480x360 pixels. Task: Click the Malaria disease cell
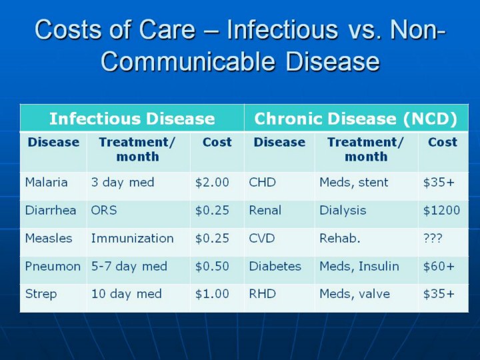[46, 183]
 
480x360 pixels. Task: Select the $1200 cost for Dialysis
[441, 210]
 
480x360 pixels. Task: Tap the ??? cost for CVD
[433, 238]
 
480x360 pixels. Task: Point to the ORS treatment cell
[104, 210]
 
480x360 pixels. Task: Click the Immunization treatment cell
[132, 238]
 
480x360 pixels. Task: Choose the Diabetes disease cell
[275, 266]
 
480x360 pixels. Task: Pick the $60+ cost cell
[439, 266]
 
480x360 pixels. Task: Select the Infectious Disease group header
[132, 119]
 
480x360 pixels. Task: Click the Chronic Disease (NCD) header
[356, 119]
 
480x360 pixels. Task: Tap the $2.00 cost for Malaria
[212, 183]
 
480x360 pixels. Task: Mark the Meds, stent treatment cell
[353, 183]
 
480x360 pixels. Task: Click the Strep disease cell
[41, 294]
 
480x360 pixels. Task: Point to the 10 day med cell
[126, 294]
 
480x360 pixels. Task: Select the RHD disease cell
[262, 294]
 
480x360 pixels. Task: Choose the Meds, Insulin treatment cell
[359, 266]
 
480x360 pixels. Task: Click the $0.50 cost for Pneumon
[212, 266]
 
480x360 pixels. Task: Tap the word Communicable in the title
[187, 61]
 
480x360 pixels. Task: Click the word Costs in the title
[67, 29]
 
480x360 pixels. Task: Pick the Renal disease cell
[265, 210]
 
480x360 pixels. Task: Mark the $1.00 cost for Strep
[212, 294]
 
